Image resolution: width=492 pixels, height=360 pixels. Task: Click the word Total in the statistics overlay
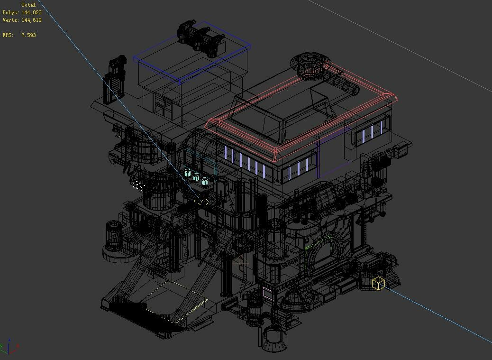click(28, 5)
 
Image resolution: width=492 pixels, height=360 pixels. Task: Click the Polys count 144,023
click(31, 13)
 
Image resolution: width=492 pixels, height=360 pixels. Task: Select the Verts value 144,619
click(31, 20)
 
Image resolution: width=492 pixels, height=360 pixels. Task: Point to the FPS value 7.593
click(28, 35)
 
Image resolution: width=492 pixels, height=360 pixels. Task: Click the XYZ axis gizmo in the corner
click(9, 348)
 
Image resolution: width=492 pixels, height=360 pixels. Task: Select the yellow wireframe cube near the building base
click(378, 283)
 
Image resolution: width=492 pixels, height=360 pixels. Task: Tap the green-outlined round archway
click(324, 255)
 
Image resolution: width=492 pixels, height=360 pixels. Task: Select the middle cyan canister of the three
click(196, 176)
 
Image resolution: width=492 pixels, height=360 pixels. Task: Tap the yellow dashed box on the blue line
click(201, 201)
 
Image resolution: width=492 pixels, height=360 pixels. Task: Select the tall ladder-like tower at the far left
click(114, 81)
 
